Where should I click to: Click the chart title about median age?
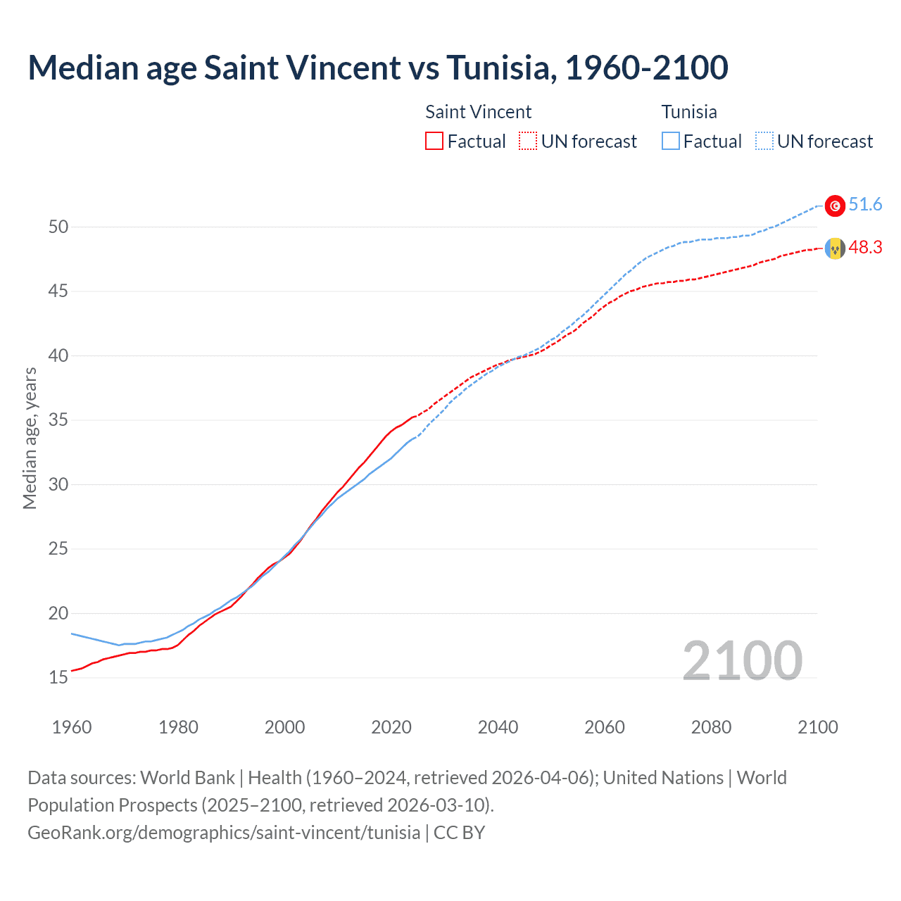(x=378, y=68)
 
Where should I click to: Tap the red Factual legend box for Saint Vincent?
(x=434, y=141)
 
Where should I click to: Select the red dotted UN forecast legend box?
(x=528, y=141)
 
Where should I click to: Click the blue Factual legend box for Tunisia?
(x=671, y=141)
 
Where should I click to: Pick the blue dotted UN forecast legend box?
(x=764, y=141)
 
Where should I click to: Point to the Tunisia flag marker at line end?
(x=835, y=206)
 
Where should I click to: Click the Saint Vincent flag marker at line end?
(x=835, y=248)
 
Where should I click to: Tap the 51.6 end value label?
(x=865, y=205)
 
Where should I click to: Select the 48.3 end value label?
(x=865, y=248)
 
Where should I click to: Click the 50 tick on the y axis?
(x=58, y=227)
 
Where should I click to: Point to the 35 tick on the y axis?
(x=58, y=420)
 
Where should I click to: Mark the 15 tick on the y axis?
(x=58, y=677)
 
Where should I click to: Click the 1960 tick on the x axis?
(x=72, y=727)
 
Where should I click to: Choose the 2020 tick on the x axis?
(x=391, y=727)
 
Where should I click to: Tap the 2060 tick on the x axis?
(x=605, y=727)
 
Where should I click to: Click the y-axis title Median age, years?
(x=30, y=438)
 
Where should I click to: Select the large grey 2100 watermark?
(x=742, y=660)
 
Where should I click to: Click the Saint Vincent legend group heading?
(x=479, y=112)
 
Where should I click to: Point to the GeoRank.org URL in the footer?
(x=224, y=833)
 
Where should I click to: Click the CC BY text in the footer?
(x=460, y=833)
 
